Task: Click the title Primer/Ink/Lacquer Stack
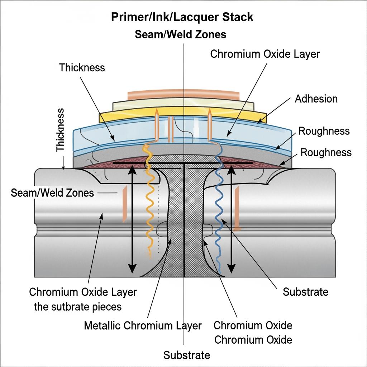[x=182, y=17]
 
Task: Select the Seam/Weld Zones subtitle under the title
[x=181, y=34]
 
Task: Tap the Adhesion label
[x=316, y=99]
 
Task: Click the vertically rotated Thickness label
[x=60, y=130]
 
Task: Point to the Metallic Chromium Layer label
[x=143, y=325]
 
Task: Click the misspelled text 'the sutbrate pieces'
[x=78, y=307]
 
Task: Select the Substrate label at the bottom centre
[x=186, y=355]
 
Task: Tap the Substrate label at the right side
[x=305, y=292]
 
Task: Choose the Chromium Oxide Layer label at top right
[x=265, y=54]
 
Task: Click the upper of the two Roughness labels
[x=324, y=131]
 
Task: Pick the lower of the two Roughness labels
[x=326, y=152]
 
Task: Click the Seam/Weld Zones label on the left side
[x=52, y=193]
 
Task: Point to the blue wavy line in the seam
[x=220, y=211]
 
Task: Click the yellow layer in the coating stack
[x=182, y=115]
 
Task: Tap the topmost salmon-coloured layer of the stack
[x=184, y=94]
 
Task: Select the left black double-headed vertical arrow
[x=132, y=219]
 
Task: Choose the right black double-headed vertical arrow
[x=232, y=219]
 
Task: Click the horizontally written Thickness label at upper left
[x=82, y=68]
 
